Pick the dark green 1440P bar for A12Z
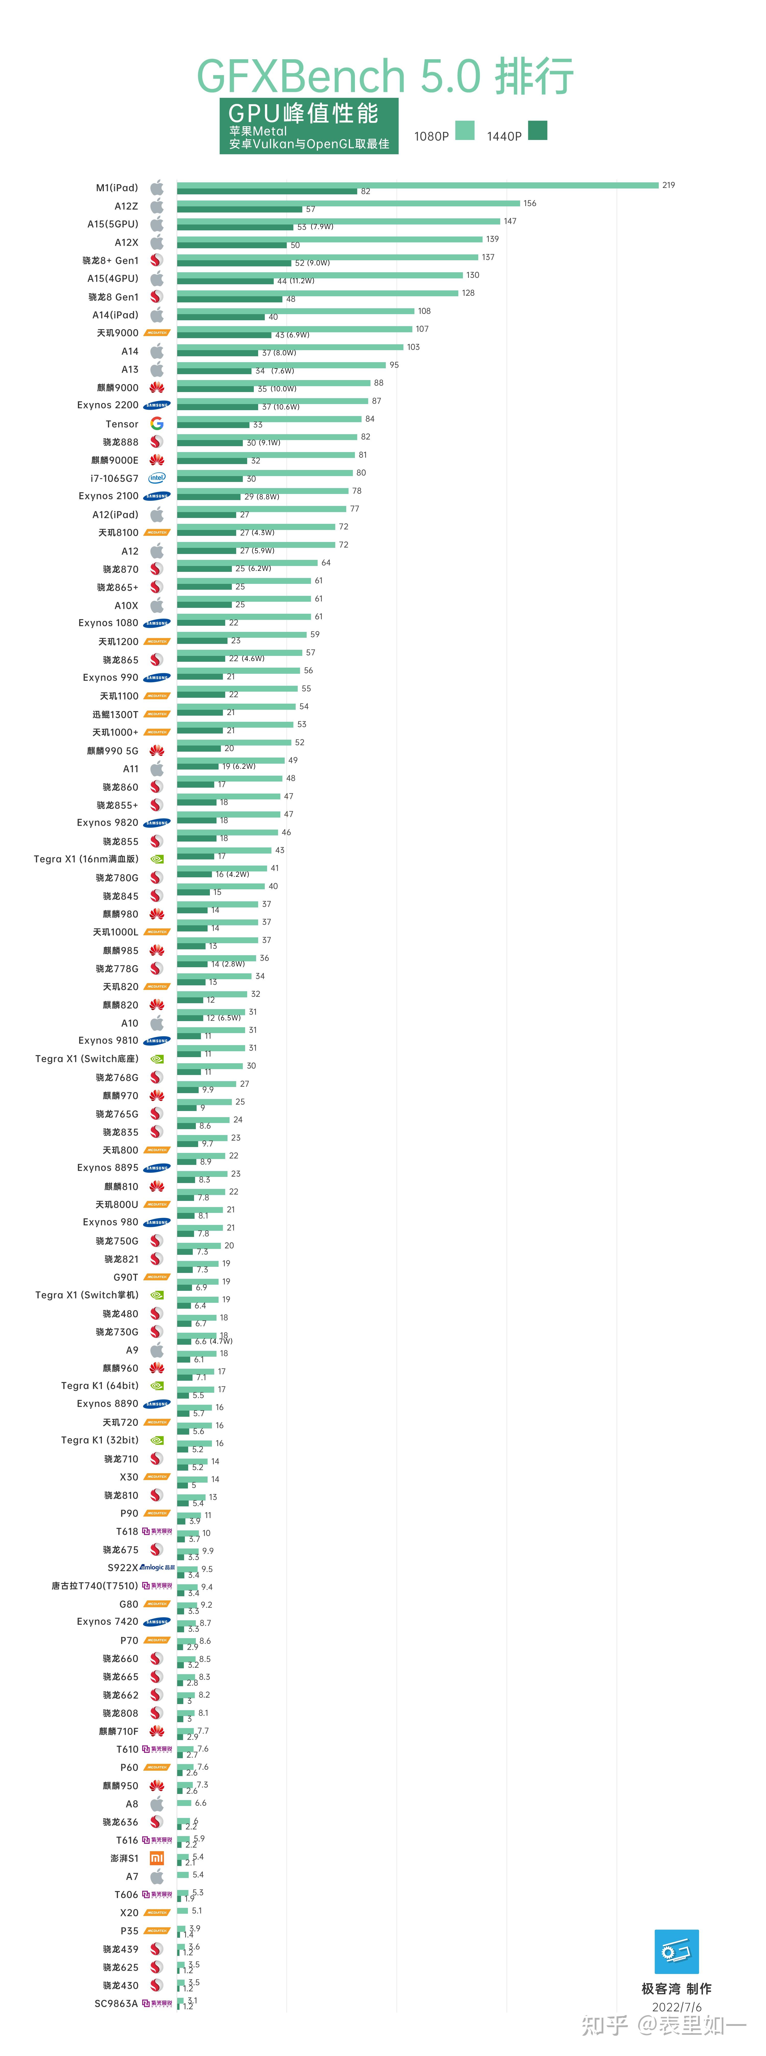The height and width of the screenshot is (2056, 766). (x=240, y=209)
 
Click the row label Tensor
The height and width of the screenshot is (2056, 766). (x=122, y=424)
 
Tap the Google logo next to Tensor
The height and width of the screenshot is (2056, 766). (x=157, y=424)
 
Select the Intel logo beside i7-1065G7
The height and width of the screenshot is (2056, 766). (x=157, y=478)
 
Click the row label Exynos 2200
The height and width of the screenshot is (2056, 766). (x=108, y=406)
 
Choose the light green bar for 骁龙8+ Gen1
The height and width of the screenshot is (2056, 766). (x=327, y=257)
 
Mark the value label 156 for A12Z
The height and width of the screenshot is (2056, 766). (x=530, y=204)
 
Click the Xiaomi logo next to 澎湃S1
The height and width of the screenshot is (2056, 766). (x=157, y=1858)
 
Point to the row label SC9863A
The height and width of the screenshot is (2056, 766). (x=116, y=2003)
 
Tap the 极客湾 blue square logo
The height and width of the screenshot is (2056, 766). (x=677, y=1952)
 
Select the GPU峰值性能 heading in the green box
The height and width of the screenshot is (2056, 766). (x=303, y=113)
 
